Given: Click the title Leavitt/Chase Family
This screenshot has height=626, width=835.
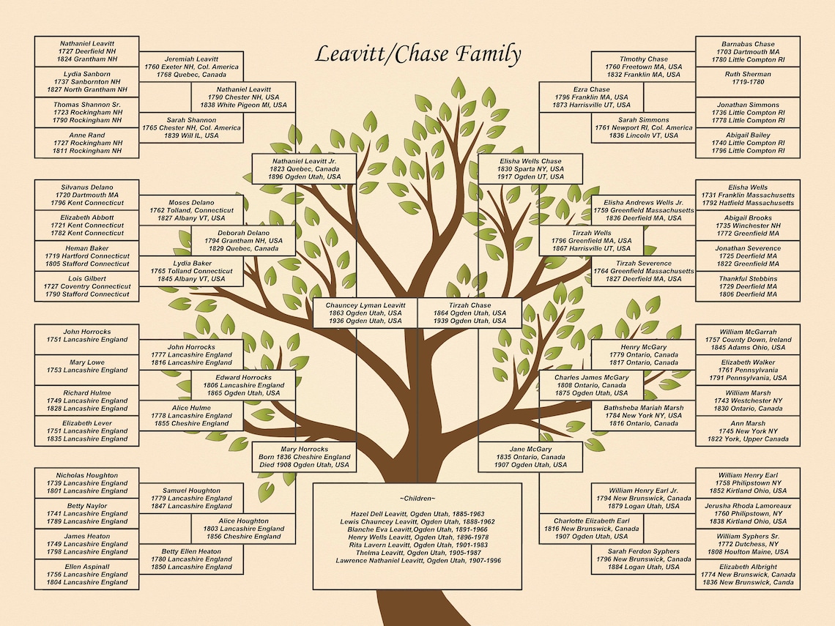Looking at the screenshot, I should tap(418, 54).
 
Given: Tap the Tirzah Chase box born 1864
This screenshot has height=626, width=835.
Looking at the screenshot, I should tap(470, 313).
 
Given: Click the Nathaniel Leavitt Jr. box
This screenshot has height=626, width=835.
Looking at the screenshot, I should tap(304, 168).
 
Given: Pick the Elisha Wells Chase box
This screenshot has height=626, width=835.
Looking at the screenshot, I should tap(530, 168).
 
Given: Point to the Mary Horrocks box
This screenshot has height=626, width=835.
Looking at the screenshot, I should tap(304, 457).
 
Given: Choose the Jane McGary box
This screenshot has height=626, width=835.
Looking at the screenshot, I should tap(530, 457).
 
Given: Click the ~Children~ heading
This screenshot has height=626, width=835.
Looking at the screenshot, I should tap(417, 499).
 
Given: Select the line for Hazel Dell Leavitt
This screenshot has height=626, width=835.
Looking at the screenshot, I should tap(417, 514).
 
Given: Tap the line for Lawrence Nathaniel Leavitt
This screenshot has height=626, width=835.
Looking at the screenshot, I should tap(417, 560).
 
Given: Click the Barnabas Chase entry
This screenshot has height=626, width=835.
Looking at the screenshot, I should tap(747, 52).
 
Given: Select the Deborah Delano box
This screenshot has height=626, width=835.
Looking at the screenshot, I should tap(244, 240).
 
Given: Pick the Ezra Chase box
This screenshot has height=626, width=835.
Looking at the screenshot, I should tap(591, 97).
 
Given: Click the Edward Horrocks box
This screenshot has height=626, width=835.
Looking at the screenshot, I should tap(244, 385).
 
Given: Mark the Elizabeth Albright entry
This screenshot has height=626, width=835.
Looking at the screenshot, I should tap(747, 575).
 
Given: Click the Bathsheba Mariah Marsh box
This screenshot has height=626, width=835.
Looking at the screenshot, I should tap(643, 415).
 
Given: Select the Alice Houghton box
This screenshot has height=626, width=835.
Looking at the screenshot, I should tap(244, 529).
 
